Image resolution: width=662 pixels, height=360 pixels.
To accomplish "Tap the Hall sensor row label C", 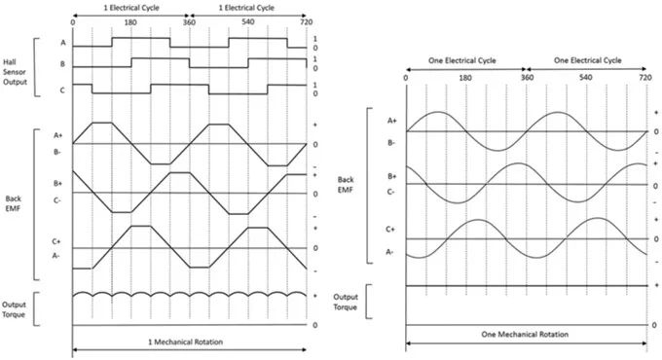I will pyautogui.click(x=63, y=90).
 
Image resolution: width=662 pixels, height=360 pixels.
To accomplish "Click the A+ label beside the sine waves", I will pyautogui.click(x=390, y=121).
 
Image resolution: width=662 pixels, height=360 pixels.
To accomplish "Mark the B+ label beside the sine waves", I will pyautogui.click(x=390, y=176).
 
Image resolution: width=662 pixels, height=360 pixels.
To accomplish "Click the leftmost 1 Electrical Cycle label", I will pyautogui.click(x=130, y=7).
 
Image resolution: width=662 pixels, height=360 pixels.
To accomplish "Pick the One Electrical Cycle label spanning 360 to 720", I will pyautogui.click(x=586, y=60).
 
